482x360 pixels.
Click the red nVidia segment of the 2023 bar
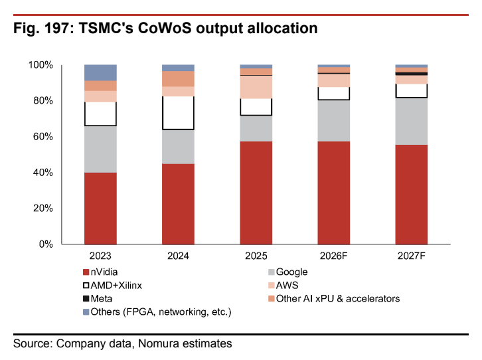point(100,209)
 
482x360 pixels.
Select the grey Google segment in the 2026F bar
point(334,121)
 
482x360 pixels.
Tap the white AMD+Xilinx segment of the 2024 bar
point(179,113)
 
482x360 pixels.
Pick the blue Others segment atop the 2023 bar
point(100,72)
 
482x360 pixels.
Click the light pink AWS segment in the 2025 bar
point(256,87)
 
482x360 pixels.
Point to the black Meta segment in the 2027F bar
point(412,74)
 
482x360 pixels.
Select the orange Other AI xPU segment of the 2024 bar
point(179,79)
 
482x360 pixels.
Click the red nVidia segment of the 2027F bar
point(412,195)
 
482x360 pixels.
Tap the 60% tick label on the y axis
point(43,137)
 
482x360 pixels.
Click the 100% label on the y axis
point(40,65)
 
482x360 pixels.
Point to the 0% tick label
point(46,244)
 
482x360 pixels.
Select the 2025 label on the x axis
point(256,256)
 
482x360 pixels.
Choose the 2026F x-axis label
point(334,256)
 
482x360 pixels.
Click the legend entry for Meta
point(98,298)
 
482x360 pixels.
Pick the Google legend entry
point(287,272)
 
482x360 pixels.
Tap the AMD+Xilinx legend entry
point(112,286)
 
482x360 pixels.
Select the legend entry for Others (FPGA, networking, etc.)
point(157,312)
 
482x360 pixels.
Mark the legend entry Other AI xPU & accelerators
point(334,298)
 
